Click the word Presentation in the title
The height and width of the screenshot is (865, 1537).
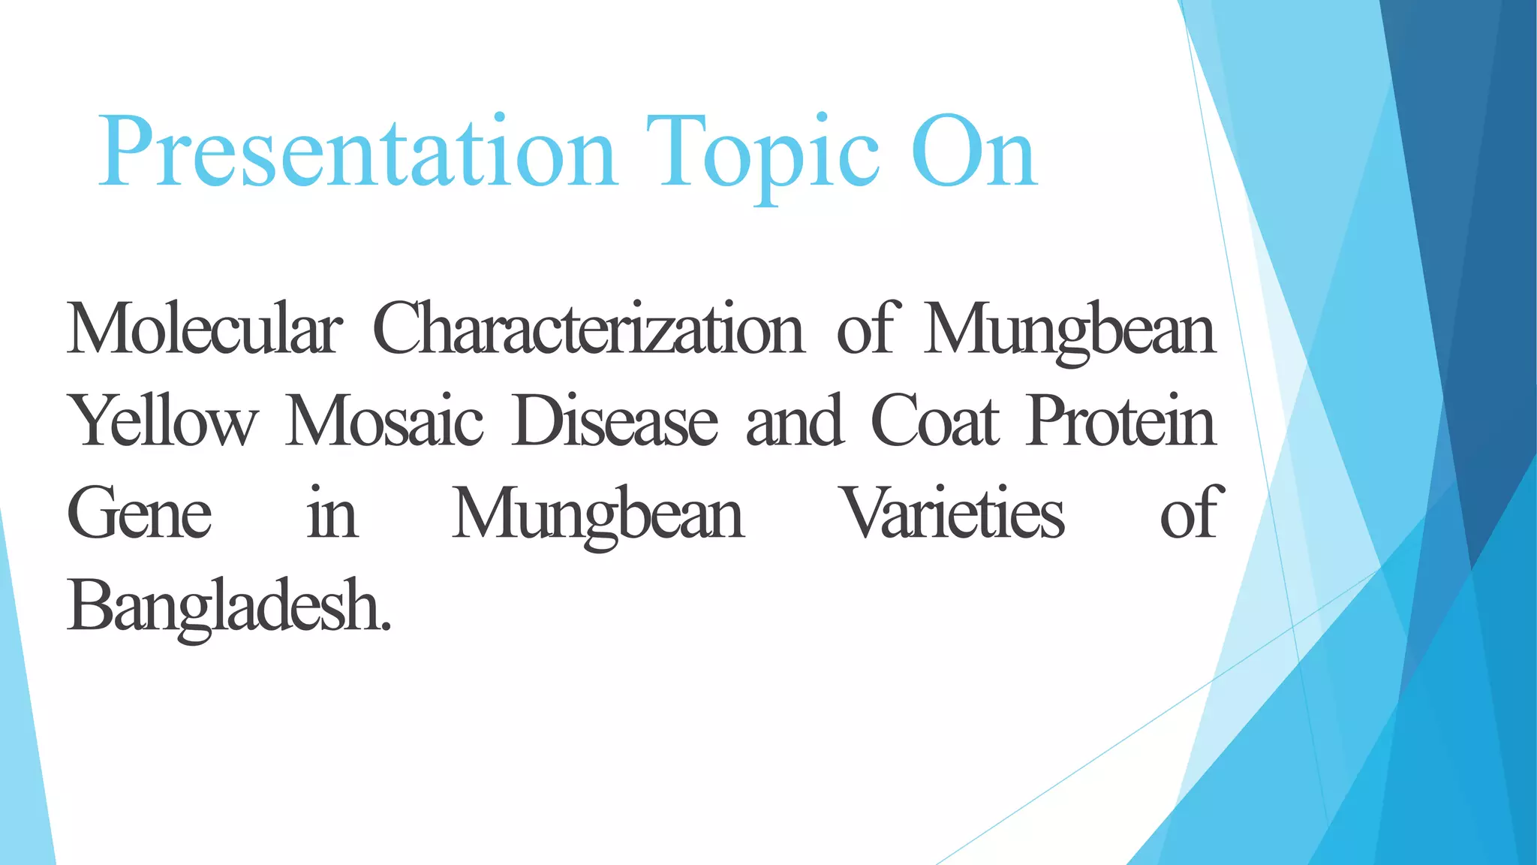pyautogui.click(x=357, y=154)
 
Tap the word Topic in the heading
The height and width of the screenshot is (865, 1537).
pyautogui.click(x=762, y=154)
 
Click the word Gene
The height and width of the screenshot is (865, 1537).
pyautogui.click(x=140, y=514)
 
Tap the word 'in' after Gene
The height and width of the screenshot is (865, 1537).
pyautogui.click(x=332, y=514)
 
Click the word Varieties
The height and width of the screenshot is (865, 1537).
pyautogui.click(x=952, y=514)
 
